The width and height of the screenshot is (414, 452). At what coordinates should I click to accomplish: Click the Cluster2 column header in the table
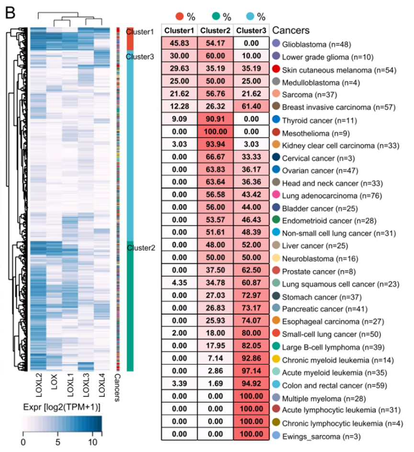tap(215, 30)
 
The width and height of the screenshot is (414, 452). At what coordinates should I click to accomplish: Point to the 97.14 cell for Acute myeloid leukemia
tap(252, 372)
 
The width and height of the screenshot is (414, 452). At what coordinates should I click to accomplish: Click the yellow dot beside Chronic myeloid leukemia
tap(276, 360)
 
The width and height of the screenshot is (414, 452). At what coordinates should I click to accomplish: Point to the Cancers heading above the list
tap(291, 30)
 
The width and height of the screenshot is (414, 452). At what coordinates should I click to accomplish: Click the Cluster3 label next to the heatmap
tap(140, 56)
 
